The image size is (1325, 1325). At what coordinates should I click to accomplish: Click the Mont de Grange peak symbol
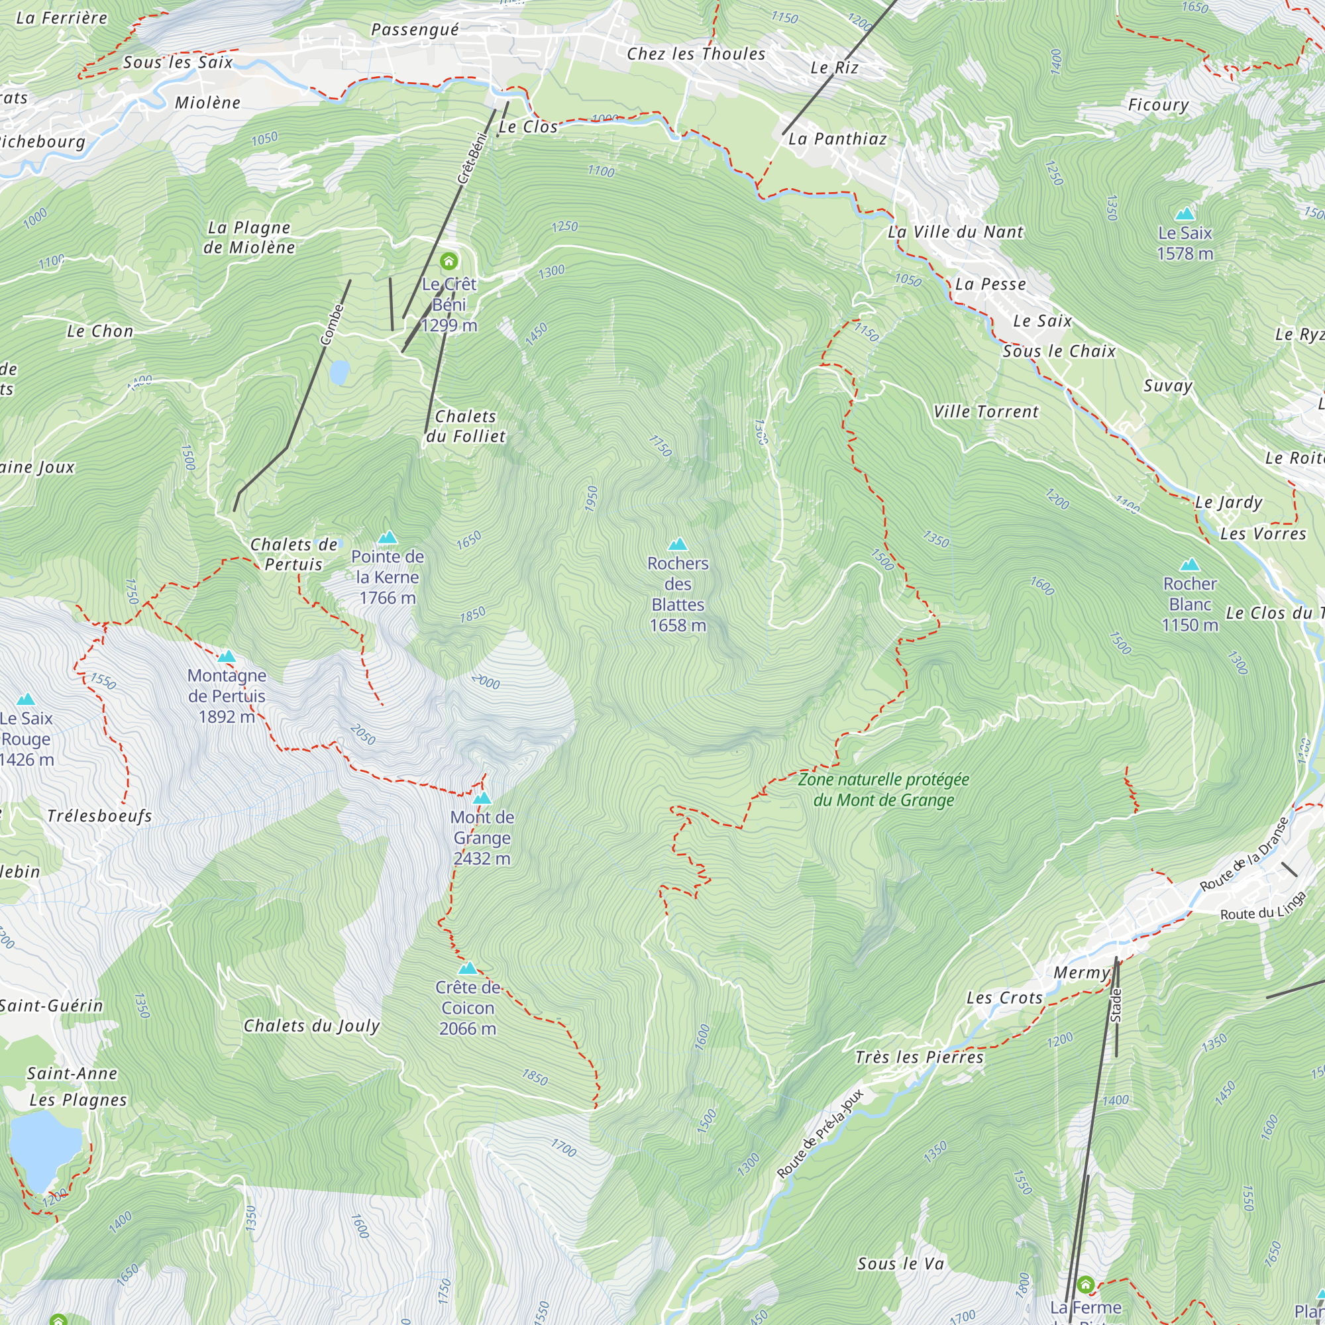coord(482,798)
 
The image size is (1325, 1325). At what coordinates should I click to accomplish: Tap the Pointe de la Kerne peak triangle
coord(388,537)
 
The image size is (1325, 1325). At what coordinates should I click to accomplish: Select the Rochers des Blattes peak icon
coord(678,545)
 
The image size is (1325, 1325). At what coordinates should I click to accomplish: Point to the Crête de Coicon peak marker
coord(468,969)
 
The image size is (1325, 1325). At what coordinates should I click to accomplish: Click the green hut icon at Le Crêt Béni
coord(449,261)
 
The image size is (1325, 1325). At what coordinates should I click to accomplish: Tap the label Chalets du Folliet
coord(466,427)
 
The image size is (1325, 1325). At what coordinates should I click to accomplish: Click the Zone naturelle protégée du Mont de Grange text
coord(883,790)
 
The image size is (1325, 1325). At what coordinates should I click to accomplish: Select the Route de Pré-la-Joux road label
coord(820,1134)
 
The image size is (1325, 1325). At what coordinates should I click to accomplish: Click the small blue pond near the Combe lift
coord(339,372)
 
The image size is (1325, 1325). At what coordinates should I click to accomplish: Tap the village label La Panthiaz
coord(837,139)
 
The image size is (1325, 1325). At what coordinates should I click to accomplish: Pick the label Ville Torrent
coord(986,412)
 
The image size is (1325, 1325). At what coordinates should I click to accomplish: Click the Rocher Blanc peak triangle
coord(1190,565)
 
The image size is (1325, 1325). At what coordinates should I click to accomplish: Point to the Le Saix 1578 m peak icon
coord(1185,214)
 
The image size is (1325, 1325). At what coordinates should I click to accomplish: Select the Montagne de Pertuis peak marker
coord(227,657)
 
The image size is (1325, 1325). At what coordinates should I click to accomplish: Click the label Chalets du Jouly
coord(311,1026)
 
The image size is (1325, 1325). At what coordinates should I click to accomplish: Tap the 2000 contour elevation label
coord(486,681)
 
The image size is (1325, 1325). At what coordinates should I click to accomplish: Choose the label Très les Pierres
coord(919,1057)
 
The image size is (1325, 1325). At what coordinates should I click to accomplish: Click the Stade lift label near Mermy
coord(1116,1006)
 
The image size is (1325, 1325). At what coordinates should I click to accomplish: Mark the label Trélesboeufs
coord(99,816)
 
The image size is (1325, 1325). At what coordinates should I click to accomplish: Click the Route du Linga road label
coord(1263,906)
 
